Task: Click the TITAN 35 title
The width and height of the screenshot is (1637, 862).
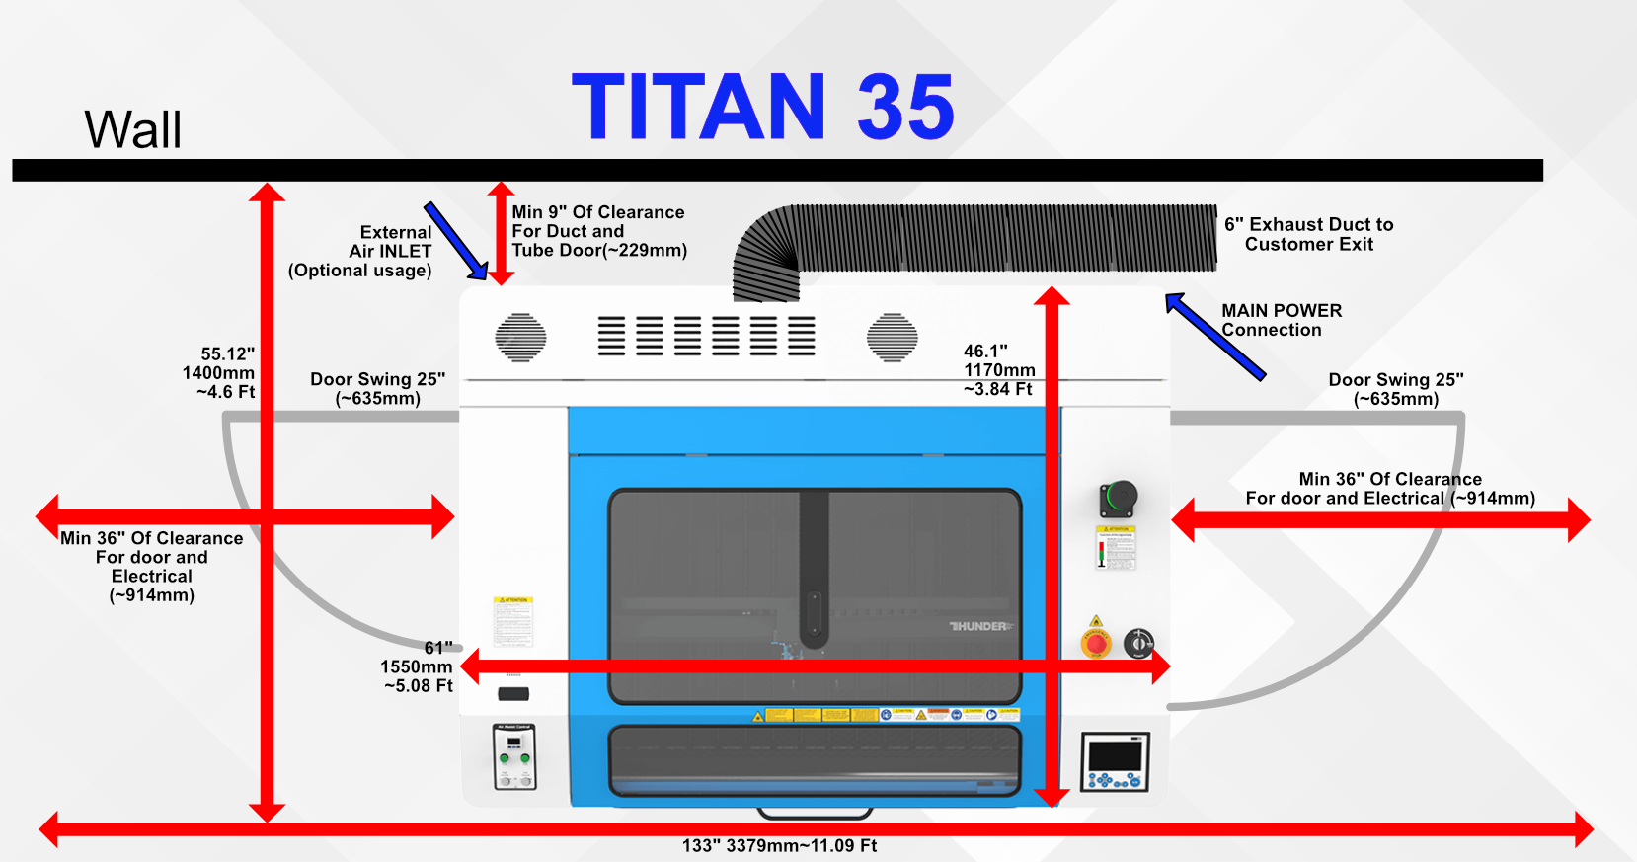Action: click(x=762, y=107)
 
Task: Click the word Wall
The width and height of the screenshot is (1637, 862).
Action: click(x=133, y=129)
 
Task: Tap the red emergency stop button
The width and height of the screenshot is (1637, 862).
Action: click(x=1096, y=644)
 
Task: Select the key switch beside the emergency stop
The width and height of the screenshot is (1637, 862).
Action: click(x=1138, y=643)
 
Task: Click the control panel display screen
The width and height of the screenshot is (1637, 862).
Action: click(x=1116, y=755)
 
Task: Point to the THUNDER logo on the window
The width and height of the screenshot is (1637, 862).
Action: click(x=980, y=626)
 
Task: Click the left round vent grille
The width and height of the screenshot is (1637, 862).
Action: click(x=520, y=338)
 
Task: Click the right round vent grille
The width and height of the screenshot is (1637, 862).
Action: click(x=892, y=338)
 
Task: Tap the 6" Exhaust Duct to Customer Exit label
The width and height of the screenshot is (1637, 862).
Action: click(x=1308, y=234)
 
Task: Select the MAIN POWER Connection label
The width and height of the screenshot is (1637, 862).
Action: click(x=1281, y=320)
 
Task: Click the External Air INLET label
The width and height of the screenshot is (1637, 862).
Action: click(x=361, y=251)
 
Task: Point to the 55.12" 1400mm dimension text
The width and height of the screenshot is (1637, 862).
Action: click(x=219, y=372)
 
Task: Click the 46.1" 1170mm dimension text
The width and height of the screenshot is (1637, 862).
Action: click(x=998, y=369)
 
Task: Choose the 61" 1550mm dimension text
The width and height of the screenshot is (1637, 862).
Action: click(x=418, y=666)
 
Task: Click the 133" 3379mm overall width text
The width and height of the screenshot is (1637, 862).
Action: click(x=779, y=846)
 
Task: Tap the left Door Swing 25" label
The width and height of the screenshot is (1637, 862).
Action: click(x=377, y=388)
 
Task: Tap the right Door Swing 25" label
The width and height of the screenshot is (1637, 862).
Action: click(x=1395, y=389)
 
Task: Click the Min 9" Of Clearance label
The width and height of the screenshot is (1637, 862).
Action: click(x=598, y=231)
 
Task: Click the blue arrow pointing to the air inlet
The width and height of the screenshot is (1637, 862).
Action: click(x=455, y=241)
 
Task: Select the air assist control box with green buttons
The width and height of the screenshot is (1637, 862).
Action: click(x=513, y=756)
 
